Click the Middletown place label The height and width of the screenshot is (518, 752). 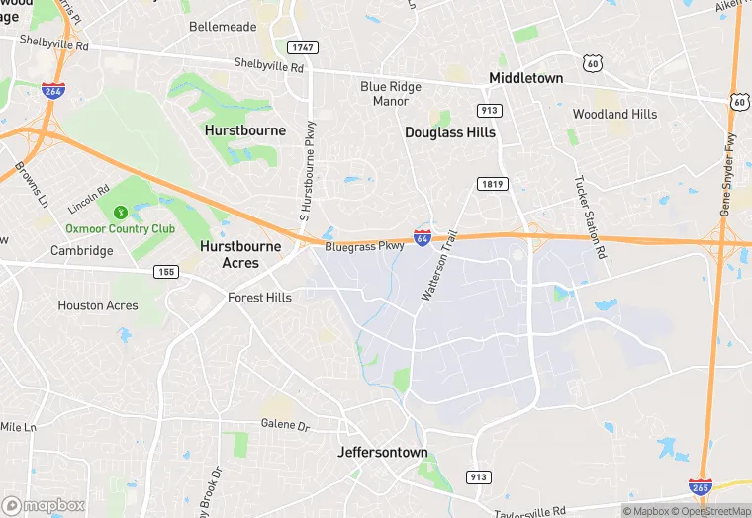coord(525,78)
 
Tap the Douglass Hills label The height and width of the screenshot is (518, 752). coord(450,131)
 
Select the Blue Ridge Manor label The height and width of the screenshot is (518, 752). coord(391,94)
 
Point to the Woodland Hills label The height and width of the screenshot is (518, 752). coord(614,114)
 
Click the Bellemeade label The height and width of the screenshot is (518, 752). coord(223,27)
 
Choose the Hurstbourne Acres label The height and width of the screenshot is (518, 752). coord(240,254)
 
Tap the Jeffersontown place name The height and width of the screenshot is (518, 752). coord(383,453)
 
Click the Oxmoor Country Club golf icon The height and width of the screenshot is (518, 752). coord(121,212)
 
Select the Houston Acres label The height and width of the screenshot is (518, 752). coord(98,305)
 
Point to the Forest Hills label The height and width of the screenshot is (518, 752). coord(259,297)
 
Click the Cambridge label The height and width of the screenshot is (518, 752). coord(82,250)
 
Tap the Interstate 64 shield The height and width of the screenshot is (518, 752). coord(423,238)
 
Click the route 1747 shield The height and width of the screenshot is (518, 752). coord(302,47)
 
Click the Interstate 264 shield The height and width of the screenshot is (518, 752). coord(54,90)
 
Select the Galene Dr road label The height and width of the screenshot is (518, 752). coord(285,425)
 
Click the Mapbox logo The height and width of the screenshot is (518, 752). coord(44,505)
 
